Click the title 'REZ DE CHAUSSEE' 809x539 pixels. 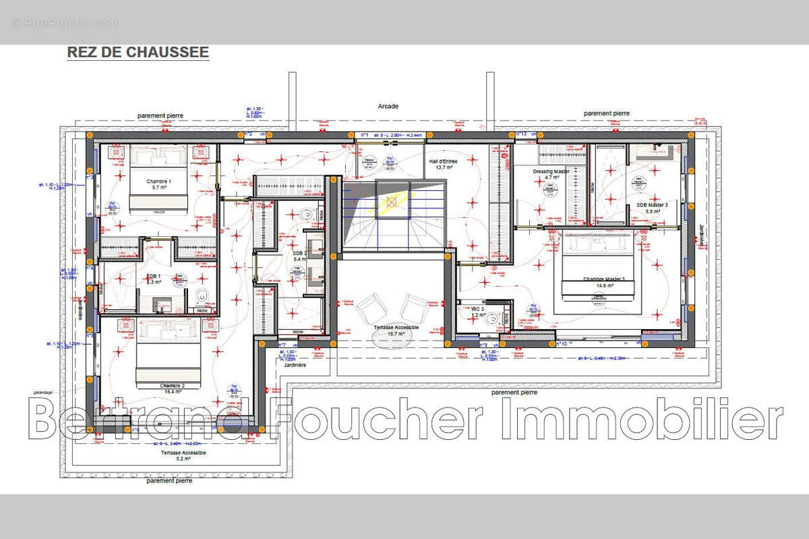(x=138, y=52)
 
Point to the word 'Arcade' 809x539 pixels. (x=388, y=106)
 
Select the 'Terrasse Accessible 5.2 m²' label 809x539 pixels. (x=183, y=455)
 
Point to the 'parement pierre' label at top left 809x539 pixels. (x=160, y=116)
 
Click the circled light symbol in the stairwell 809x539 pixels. (x=390, y=201)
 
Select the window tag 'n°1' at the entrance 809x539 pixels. (x=365, y=135)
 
